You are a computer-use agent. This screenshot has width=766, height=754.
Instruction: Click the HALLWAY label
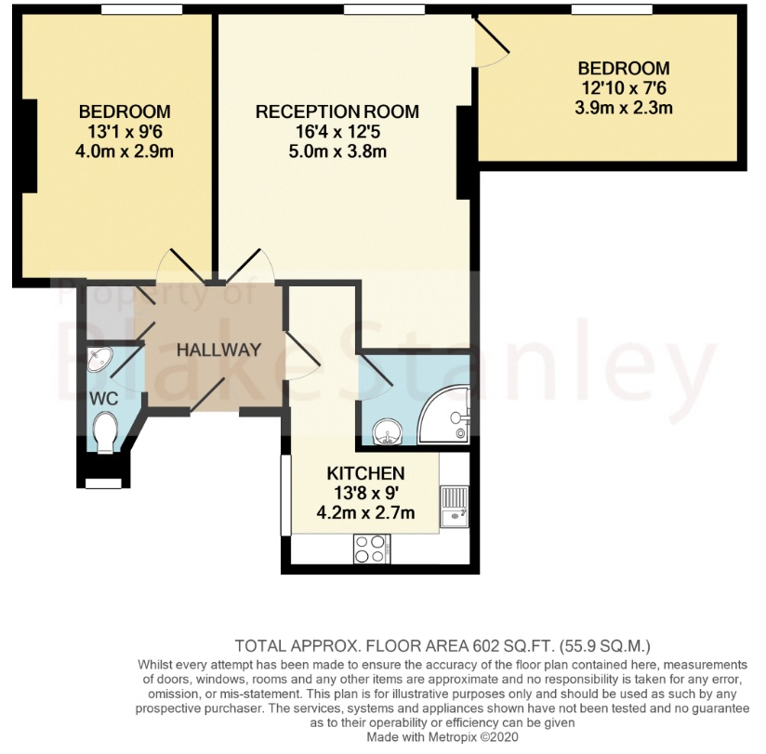pos(218,350)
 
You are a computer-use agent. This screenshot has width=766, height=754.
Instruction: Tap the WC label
pos(103,399)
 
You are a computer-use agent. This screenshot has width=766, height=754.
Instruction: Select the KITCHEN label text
pos(365,473)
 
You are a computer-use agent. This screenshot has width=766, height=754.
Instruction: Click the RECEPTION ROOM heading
pos(337,112)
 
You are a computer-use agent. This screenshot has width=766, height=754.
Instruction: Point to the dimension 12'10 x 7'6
pos(624,88)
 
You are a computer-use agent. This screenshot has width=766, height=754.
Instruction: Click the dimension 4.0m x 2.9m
pos(125,151)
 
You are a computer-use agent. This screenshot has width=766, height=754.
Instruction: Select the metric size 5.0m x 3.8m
pos(337,151)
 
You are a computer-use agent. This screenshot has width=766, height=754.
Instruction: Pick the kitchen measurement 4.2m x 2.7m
pos(365,512)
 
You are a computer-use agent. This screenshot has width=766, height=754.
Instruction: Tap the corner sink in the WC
pos(99,359)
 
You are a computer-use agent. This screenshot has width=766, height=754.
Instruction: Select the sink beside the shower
pos(387,432)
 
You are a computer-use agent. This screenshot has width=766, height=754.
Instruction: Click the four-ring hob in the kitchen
pos(372,549)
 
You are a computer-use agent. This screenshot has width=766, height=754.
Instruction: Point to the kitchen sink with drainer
pos(455,507)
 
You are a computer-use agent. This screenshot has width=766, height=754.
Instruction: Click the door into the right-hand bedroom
pos(491,43)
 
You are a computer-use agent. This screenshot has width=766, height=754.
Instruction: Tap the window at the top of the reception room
pos(384,9)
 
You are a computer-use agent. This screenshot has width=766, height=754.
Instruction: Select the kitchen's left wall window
pos(285,495)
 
